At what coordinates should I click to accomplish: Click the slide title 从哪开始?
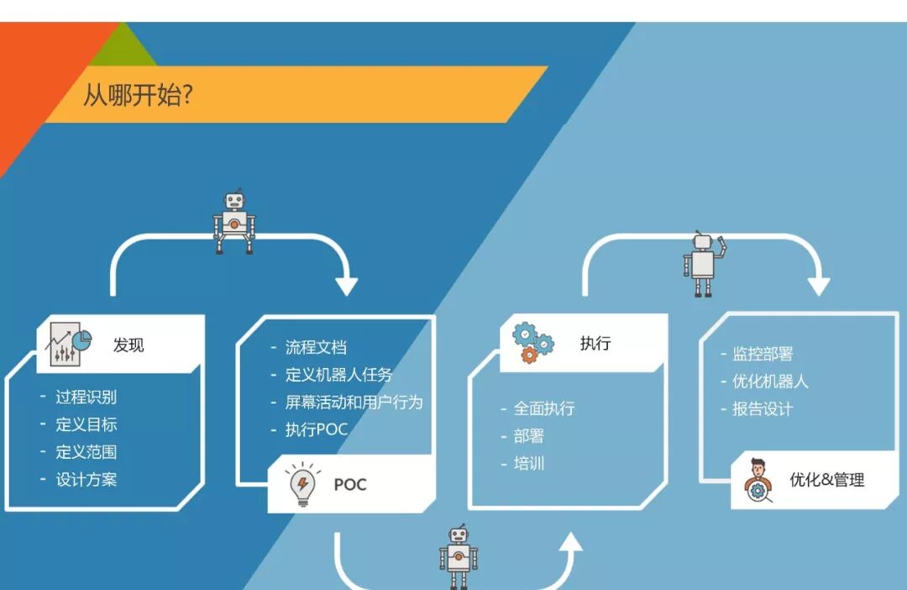(137, 94)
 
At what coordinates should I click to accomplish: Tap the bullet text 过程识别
(86, 398)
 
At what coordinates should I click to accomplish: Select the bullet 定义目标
(86, 424)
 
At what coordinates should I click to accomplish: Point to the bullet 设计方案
(86, 479)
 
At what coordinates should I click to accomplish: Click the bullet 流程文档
(316, 347)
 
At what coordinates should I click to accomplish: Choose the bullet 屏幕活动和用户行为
(354, 402)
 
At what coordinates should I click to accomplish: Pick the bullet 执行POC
(316, 429)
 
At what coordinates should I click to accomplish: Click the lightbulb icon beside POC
(301, 485)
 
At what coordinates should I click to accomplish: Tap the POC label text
(350, 485)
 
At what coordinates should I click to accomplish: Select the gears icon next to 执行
(532, 341)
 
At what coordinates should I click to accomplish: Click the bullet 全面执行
(544, 408)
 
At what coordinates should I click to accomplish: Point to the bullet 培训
(529, 463)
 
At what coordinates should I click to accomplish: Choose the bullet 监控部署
(763, 354)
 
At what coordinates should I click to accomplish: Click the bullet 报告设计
(763, 409)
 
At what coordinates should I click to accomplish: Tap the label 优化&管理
(826, 480)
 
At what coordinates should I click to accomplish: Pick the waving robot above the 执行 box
(704, 263)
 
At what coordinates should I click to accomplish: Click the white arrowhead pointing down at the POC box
(346, 285)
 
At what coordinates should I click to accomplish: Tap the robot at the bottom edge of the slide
(458, 556)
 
